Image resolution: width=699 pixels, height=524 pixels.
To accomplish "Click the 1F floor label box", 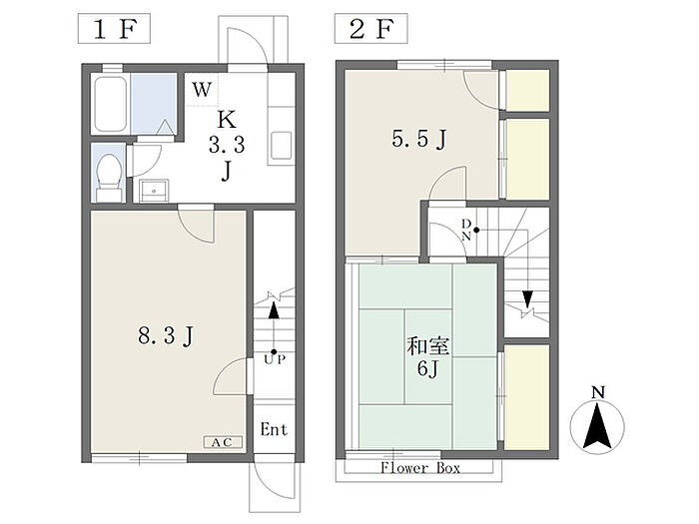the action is [114, 29].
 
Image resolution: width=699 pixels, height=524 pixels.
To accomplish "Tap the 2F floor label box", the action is [370, 29].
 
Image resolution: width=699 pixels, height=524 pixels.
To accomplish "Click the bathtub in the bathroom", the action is [110, 104].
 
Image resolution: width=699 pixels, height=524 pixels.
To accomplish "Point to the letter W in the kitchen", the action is [202, 90].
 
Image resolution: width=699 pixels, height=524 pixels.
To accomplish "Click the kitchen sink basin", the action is [282, 145].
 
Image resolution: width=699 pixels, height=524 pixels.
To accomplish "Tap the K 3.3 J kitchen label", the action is [227, 146].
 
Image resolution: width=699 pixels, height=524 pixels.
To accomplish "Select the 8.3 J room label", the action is [166, 335].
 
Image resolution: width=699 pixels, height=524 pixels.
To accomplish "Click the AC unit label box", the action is [223, 442].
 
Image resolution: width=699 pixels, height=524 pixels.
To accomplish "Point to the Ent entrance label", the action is [274, 429].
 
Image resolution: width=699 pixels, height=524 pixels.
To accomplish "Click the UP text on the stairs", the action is [275, 359].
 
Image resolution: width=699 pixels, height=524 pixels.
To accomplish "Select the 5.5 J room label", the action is [419, 139].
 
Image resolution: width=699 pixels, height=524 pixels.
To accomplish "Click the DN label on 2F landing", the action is [466, 230].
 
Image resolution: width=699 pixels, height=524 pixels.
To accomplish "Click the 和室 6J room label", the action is [428, 357].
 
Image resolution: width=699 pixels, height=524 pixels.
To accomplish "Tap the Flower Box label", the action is [420, 467].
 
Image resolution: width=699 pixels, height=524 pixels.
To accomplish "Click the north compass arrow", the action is [597, 426].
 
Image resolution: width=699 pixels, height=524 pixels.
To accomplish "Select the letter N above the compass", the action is [598, 393].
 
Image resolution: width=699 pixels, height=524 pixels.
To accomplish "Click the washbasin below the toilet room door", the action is [154, 191].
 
